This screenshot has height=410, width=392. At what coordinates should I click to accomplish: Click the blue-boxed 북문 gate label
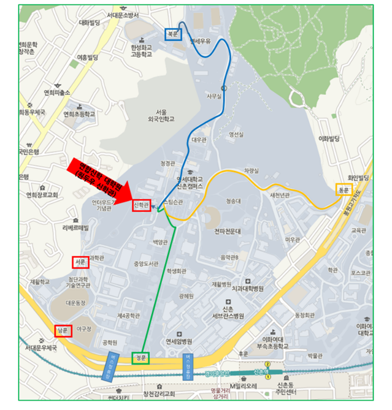(172, 34)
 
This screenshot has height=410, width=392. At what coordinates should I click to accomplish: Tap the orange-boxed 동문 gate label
(343, 190)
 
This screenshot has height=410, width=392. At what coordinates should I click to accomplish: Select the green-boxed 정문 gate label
(141, 359)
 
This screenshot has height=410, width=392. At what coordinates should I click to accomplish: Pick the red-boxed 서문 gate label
(80, 262)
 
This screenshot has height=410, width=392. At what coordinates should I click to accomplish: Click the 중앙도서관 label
(146, 264)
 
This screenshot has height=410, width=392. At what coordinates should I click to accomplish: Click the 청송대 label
(233, 200)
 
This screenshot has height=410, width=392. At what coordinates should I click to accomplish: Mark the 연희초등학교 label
(79, 114)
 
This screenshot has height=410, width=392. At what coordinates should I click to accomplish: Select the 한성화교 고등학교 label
(141, 51)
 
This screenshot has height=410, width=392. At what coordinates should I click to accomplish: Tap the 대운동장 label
(75, 303)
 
